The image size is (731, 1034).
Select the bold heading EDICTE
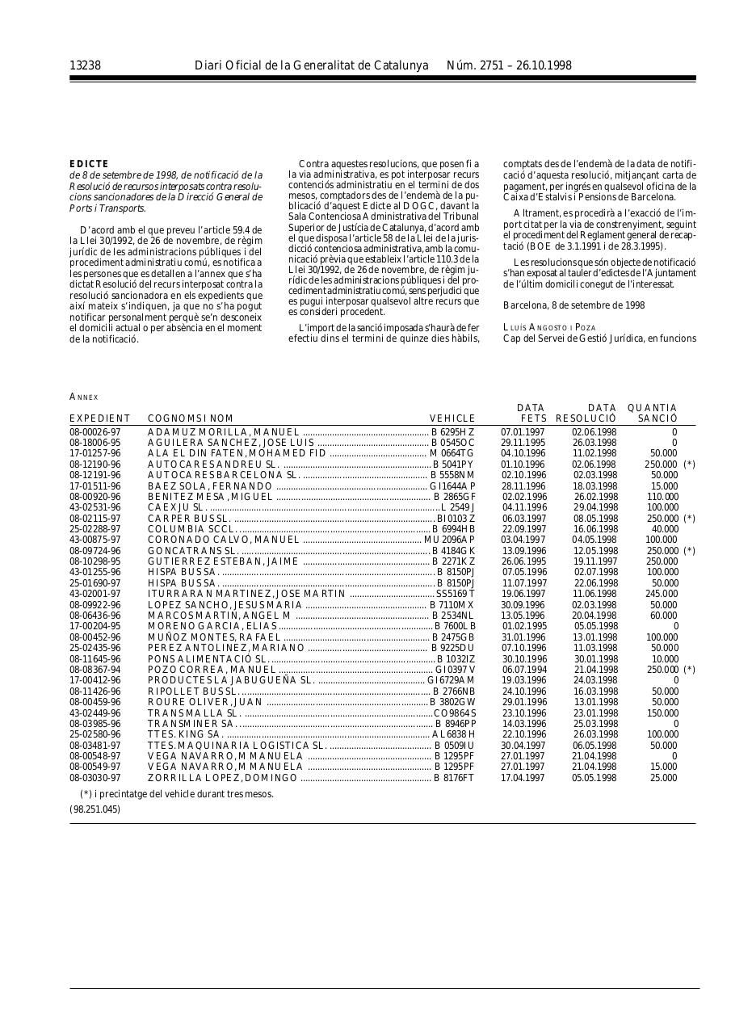(89, 164)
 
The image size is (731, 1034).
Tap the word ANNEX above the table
(83, 397)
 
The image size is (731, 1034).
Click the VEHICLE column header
(452, 418)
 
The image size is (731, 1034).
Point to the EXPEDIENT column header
(99, 418)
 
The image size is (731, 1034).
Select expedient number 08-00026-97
(95, 432)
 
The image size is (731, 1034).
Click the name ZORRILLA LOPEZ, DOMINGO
(223, 778)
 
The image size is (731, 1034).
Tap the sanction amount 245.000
(662, 594)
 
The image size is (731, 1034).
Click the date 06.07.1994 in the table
(523, 670)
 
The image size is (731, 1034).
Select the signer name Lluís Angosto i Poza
(549, 326)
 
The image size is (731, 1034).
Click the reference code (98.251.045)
(95, 809)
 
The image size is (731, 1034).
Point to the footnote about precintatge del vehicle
(177, 793)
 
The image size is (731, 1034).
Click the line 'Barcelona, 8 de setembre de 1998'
(573, 305)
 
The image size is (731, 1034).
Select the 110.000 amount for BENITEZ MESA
(662, 497)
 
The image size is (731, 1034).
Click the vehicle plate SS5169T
(456, 594)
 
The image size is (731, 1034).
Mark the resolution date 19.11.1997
(594, 561)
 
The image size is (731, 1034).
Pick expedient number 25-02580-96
(95, 734)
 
